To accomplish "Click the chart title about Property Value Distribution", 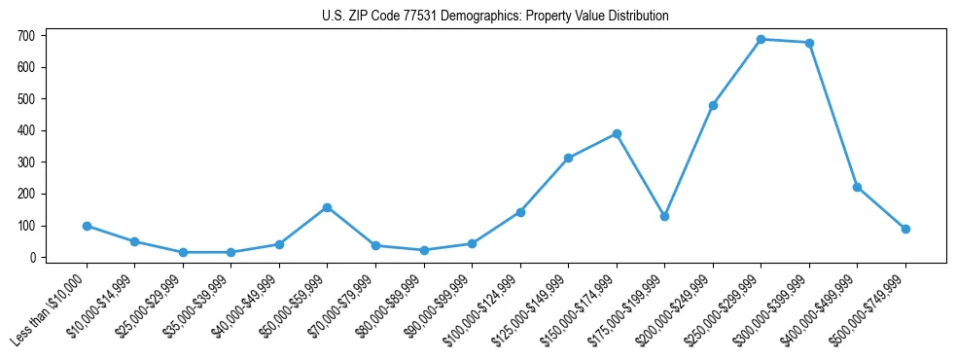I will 495,17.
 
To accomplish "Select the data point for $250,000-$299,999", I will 761,40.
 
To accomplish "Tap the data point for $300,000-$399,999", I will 809,43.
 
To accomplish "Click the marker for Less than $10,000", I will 87,226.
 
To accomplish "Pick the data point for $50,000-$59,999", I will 328,207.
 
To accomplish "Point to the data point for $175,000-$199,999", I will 664,216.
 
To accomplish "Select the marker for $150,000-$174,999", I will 617,133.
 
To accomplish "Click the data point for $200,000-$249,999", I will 713,105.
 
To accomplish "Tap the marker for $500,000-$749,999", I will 905,229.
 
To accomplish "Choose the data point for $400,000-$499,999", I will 857,187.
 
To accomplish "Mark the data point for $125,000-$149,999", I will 568,158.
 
